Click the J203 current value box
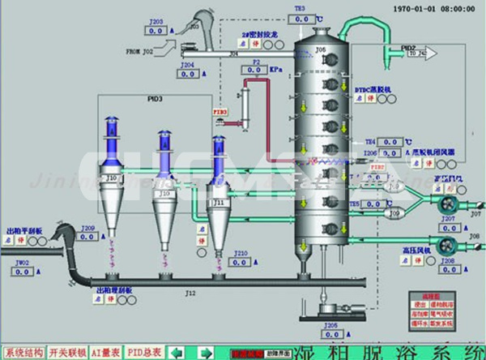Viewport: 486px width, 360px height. (x=156, y=31)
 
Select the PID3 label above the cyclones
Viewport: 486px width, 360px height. (x=155, y=99)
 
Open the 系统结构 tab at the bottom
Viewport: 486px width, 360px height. (x=19, y=353)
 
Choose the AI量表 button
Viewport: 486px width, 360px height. (x=106, y=353)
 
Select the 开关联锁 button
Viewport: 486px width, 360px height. (x=63, y=353)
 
